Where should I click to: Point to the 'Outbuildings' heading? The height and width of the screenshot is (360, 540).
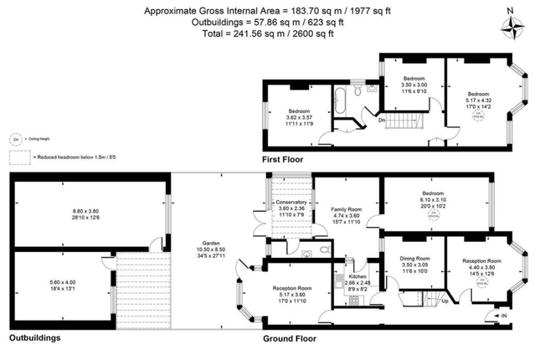[x=36, y=339]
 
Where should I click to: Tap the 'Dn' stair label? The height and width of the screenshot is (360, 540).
[x=383, y=119]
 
